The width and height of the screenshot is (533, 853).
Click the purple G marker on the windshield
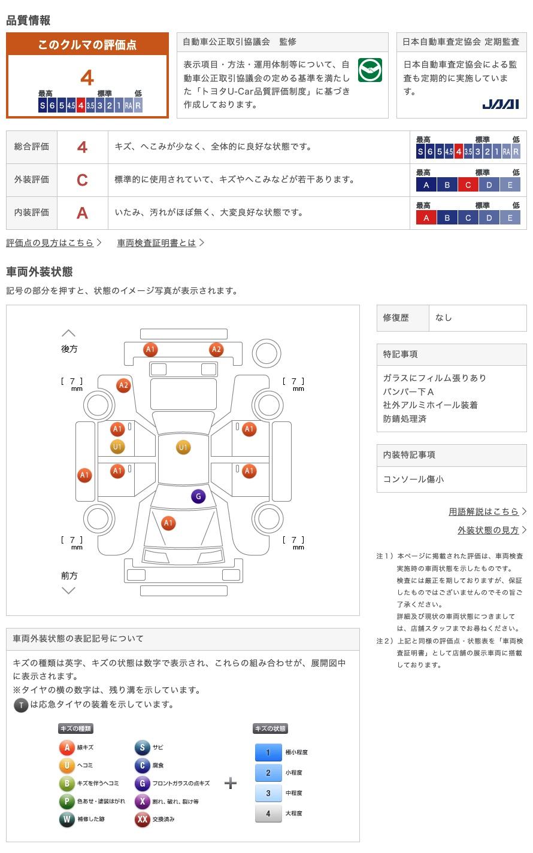[198, 496]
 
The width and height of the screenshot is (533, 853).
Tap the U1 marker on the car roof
[183, 447]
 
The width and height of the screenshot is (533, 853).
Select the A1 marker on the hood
[168, 523]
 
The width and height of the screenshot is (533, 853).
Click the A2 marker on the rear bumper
[216, 350]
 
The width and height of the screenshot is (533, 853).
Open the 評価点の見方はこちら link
[50, 242]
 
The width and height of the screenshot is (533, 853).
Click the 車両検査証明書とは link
[156, 242]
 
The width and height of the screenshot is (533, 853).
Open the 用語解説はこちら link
[483, 511]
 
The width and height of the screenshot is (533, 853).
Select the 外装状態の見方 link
[488, 530]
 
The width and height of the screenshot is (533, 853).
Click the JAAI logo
[501, 104]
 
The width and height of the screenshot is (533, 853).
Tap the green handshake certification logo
[370, 70]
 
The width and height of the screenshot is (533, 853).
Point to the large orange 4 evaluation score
[87, 78]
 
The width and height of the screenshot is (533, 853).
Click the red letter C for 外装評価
[82, 180]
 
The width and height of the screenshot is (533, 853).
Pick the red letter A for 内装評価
[82, 213]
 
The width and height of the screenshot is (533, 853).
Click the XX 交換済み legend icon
[143, 819]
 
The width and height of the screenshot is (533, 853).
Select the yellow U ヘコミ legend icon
[66, 764]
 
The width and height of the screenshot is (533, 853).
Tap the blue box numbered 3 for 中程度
[268, 793]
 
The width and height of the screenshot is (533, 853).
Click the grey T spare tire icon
[21, 705]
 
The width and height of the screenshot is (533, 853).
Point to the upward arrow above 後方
[69, 333]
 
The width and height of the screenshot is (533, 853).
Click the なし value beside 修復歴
[444, 318]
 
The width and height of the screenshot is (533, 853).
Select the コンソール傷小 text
[413, 479]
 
